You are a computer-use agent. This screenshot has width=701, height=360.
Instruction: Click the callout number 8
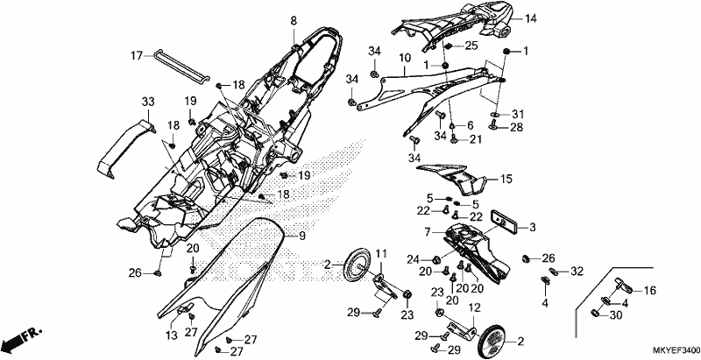294,20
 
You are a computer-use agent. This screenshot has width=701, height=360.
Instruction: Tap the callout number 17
137,56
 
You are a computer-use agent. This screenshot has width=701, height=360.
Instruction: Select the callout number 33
148,102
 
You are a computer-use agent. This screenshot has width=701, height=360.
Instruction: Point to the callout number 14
531,18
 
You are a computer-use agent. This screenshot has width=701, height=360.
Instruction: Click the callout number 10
405,58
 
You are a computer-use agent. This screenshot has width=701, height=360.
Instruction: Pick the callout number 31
518,114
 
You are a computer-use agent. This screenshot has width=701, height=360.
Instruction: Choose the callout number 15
506,180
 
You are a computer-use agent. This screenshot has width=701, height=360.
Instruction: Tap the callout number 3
532,228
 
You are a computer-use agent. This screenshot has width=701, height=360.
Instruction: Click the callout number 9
302,236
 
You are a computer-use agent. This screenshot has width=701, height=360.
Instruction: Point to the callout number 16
649,291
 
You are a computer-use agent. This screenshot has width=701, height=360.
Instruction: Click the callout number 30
616,315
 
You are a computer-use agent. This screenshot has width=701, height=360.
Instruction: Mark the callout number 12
474,307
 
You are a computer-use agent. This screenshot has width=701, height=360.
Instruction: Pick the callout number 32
577,272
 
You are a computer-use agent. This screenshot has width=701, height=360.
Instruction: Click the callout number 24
413,258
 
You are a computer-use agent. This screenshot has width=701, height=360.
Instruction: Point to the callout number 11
380,255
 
